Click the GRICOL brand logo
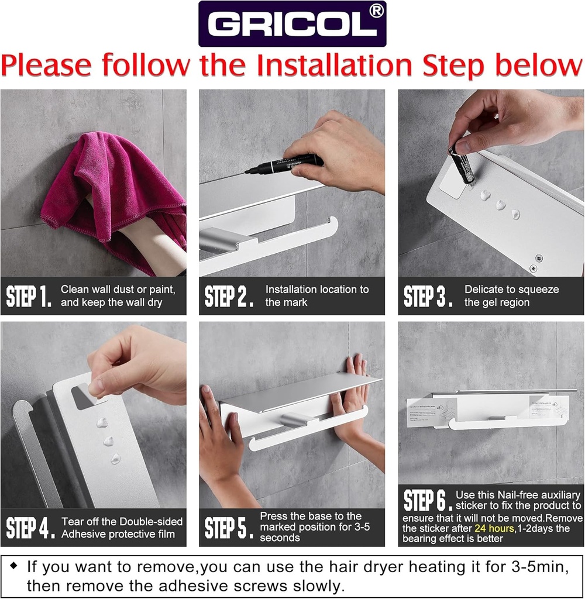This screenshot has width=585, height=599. click(x=292, y=24)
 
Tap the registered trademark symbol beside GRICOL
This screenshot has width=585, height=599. click(x=377, y=12)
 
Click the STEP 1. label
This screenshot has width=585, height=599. click(x=29, y=297)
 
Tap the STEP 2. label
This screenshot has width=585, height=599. click(x=229, y=297)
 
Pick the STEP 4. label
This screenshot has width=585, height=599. click(x=30, y=528)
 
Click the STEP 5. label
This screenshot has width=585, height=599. click(x=229, y=528)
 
